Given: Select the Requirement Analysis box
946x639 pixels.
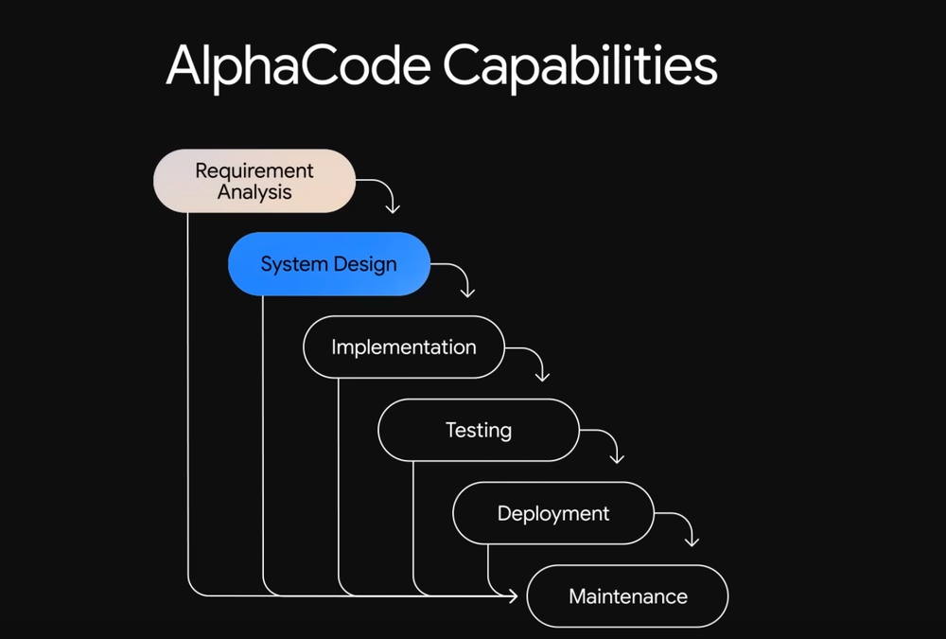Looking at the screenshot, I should [254, 181].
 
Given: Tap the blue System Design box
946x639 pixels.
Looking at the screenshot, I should [328, 264].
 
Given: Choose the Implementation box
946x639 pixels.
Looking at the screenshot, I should [404, 347].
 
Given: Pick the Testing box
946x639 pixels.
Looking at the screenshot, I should [479, 430].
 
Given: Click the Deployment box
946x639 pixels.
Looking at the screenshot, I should [553, 513].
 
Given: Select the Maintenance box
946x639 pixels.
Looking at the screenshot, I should [627, 596].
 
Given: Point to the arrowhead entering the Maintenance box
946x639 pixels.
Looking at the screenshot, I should [512, 596].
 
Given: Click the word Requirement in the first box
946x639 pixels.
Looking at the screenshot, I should [254, 171].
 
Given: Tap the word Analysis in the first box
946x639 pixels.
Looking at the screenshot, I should [254, 192].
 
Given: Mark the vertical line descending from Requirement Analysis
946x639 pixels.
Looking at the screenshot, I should [187, 398].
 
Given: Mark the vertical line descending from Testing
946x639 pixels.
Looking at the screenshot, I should [413, 521].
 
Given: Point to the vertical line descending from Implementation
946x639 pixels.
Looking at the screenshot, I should [338, 483].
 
